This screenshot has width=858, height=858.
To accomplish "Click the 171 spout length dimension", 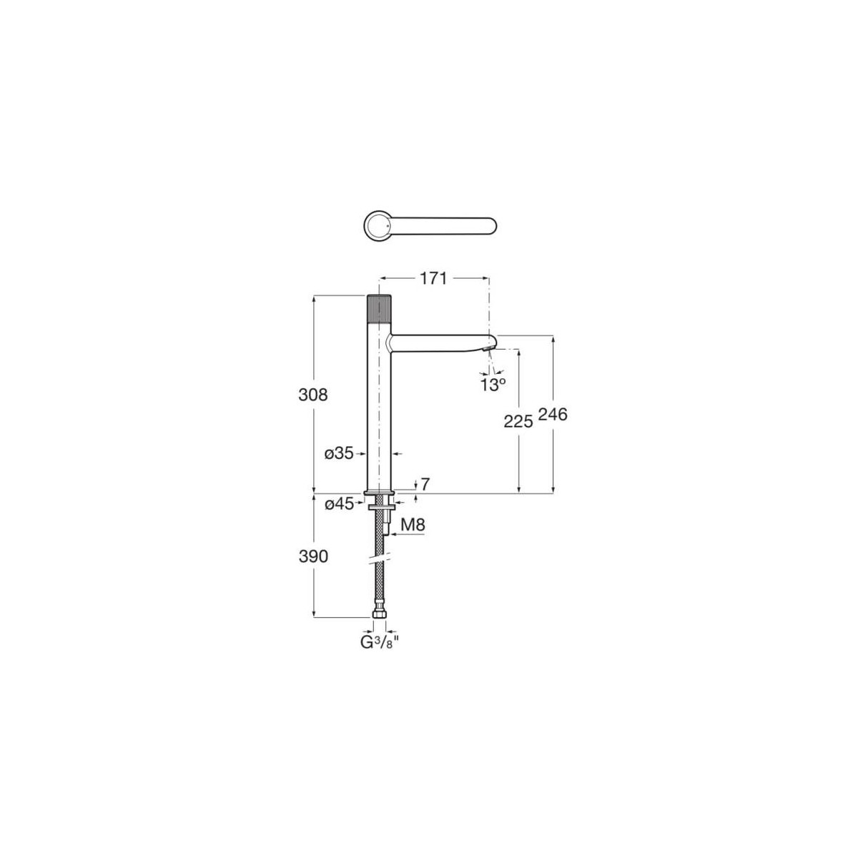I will pyautogui.click(x=433, y=279).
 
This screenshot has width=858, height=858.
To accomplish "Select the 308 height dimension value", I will pyautogui.click(x=313, y=394).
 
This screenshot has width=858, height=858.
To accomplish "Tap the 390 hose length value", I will pyautogui.click(x=313, y=556).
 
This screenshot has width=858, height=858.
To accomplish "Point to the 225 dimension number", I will pyautogui.click(x=518, y=422).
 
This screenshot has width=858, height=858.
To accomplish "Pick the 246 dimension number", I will pyautogui.click(x=553, y=414).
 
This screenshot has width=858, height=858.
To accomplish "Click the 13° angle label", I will pyautogui.click(x=493, y=384).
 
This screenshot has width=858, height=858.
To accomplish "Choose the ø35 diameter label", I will pyautogui.click(x=339, y=453).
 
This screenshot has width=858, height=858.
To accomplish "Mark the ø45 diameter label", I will pyautogui.click(x=339, y=504).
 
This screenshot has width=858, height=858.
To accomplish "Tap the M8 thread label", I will pyautogui.click(x=413, y=526).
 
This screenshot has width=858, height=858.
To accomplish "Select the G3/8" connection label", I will pyautogui.click(x=379, y=641).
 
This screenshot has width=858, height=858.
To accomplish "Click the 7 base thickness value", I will pyautogui.click(x=425, y=484).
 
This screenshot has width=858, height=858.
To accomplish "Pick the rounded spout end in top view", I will pyautogui.click(x=489, y=226).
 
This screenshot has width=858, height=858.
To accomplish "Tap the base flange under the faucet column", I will pyautogui.click(x=379, y=493).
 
